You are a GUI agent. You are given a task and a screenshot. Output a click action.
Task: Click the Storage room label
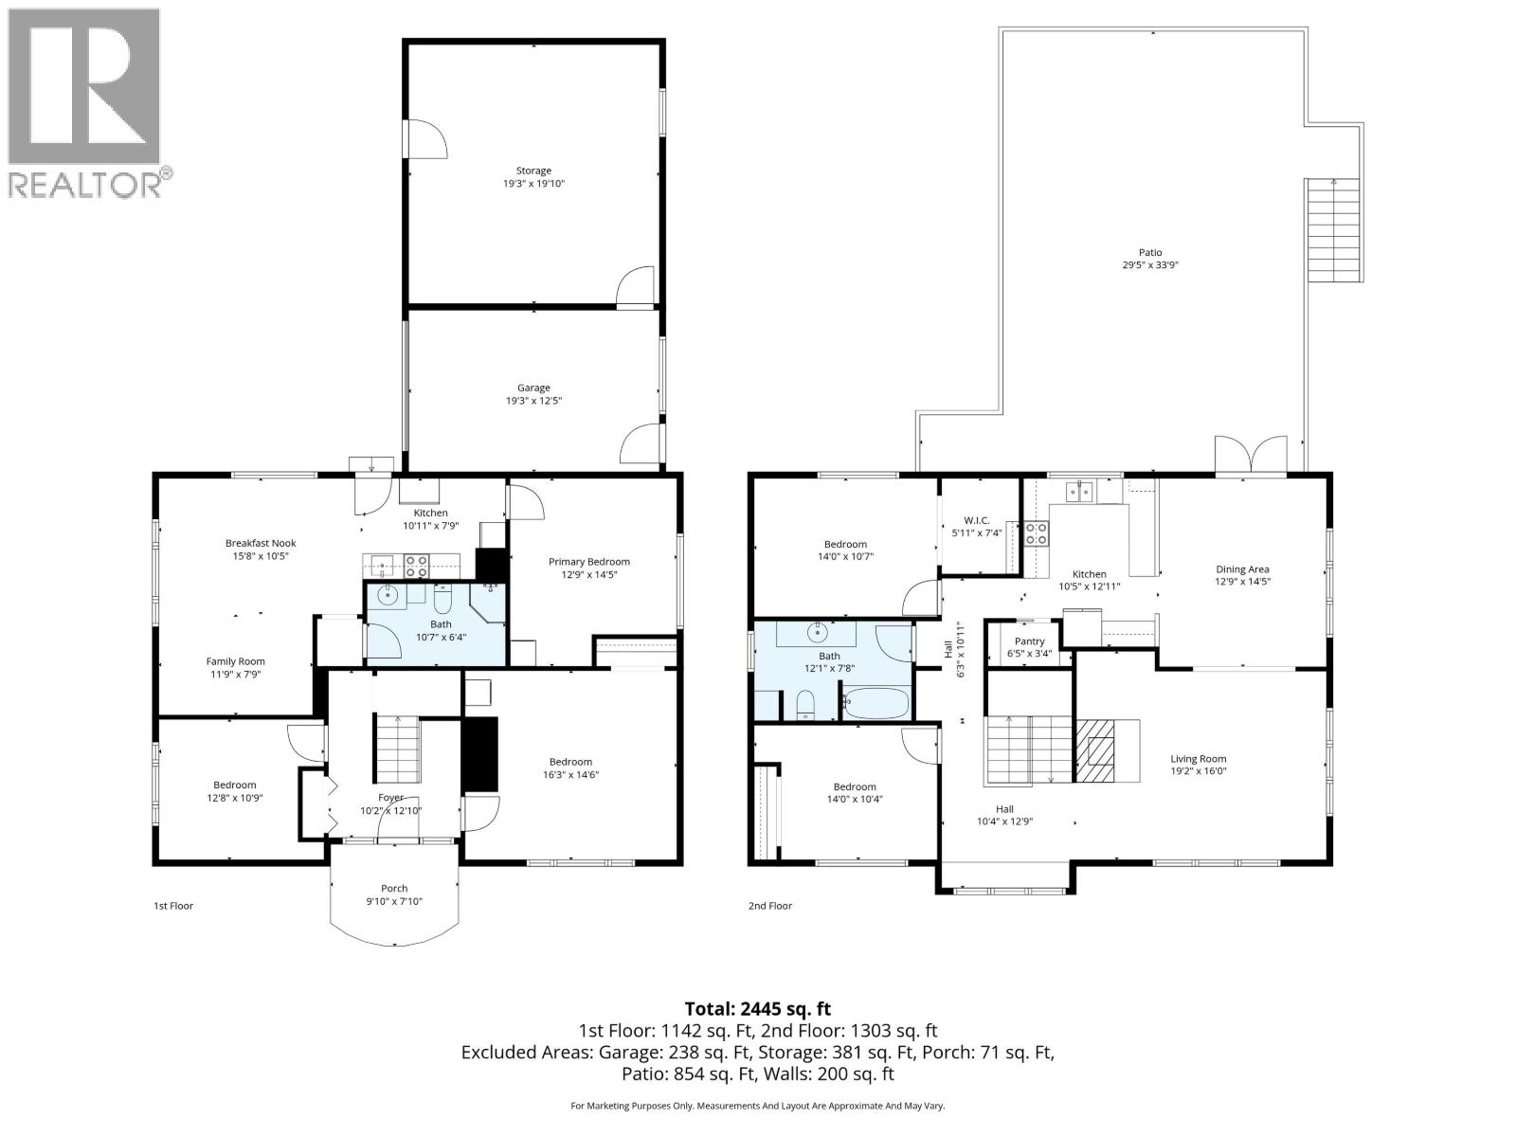coord(533,171)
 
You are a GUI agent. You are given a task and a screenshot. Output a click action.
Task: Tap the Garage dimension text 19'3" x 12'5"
coord(533,401)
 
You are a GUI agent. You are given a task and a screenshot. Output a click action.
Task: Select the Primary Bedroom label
coord(588,562)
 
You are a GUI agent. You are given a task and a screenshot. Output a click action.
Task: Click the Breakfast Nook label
coord(261,543)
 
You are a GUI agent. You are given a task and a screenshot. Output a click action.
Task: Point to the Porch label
coord(394,888)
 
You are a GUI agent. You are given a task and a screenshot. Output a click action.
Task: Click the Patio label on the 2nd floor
coord(1150,252)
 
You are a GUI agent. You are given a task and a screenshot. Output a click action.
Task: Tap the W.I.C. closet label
coord(977,520)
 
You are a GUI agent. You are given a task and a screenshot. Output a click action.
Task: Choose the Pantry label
coord(1029,641)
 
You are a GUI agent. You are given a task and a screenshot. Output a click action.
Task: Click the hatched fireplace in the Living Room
coord(1095,750)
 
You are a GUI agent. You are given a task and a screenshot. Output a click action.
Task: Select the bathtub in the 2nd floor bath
coord(875,704)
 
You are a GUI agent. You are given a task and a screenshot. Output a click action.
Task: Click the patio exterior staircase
coord(1335,229)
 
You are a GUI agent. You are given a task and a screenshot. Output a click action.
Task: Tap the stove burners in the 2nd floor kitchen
coord(1035,533)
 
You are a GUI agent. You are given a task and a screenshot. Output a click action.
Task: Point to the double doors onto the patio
coord(1251,456)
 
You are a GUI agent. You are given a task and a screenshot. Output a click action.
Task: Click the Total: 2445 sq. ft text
coord(757,1009)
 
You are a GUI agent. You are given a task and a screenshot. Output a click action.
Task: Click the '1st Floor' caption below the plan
coord(173,906)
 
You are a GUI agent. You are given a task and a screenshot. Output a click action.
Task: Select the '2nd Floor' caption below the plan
coord(769,906)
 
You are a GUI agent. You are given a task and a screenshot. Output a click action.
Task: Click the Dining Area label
coord(1242,569)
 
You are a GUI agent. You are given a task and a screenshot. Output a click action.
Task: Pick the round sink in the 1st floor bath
coord(388,596)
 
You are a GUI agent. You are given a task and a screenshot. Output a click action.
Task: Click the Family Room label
coord(236,661)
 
